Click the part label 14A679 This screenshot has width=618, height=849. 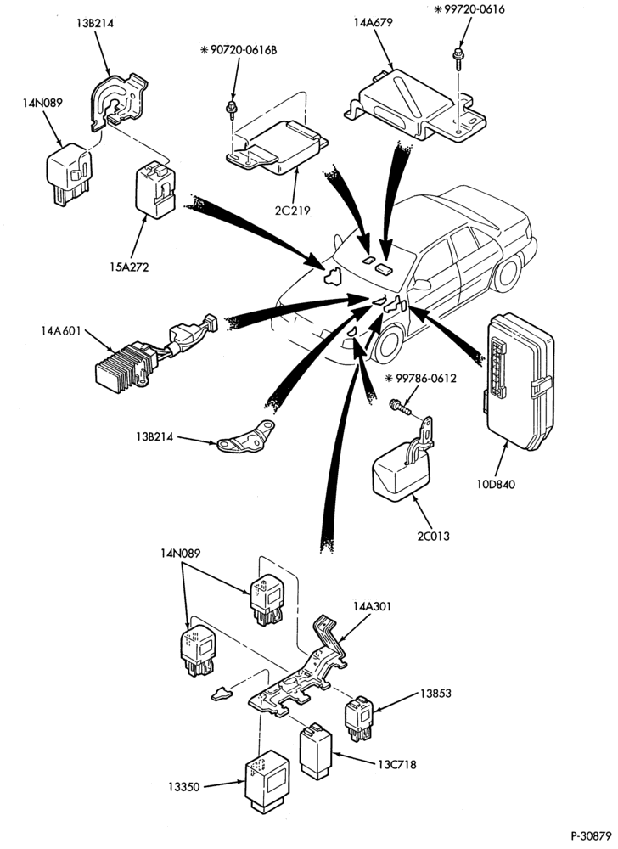point(374,23)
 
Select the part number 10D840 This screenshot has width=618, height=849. point(496,484)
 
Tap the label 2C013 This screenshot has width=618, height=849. point(433,537)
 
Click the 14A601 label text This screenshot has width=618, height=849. point(59,330)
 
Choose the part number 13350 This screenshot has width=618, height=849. point(184,787)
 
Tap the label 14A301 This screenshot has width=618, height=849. point(373,606)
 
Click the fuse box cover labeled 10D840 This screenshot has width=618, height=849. point(518,382)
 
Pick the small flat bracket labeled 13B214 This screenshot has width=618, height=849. point(245,437)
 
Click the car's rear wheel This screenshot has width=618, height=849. point(508,273)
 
